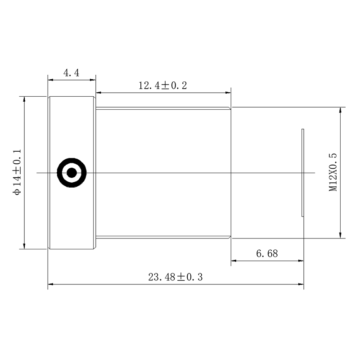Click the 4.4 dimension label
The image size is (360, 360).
click(x=71, y=73)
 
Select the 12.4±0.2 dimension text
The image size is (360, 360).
click(x=163, y=85)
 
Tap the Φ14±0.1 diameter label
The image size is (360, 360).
click(x=17, y=172)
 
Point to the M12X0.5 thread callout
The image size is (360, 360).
click(x=333, y=172)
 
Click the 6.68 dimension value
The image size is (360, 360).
click(x=267, y=253)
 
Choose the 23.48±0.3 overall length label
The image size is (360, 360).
click(x=175, y=277)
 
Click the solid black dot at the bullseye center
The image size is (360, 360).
click(x=72, y=173)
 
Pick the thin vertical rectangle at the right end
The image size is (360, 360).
click(x=302, y=173)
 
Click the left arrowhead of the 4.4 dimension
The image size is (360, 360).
click(x=50, y=80)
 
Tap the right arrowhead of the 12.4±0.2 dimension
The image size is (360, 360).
click(x=228, y=93)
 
